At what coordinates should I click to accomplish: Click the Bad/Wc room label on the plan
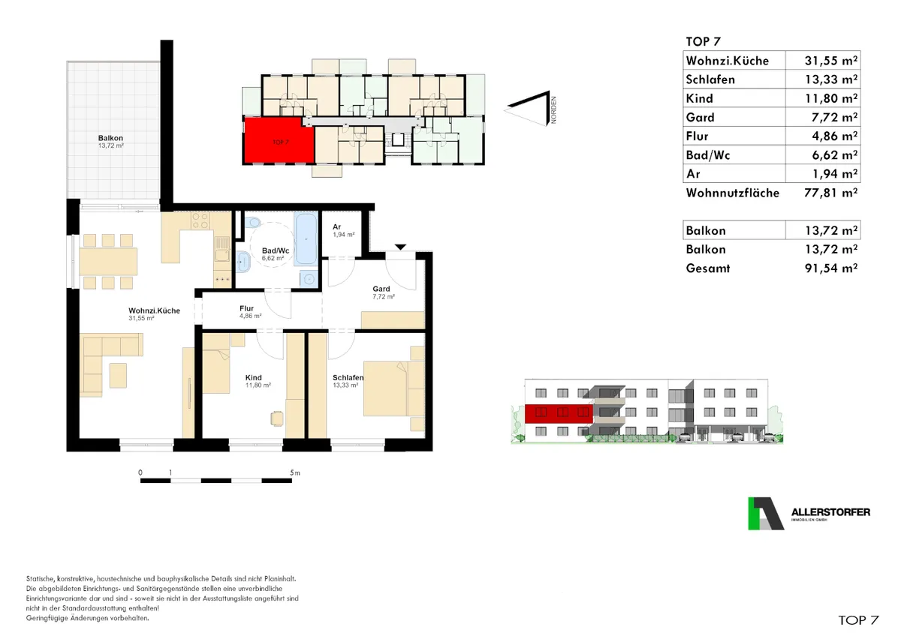[x=275, y=250]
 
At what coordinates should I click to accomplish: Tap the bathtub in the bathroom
[x=306, y=238]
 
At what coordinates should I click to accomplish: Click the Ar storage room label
[x=336, y=227]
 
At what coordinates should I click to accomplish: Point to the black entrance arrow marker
[x=400, y=247]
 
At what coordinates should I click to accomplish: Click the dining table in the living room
[x=108, y=262]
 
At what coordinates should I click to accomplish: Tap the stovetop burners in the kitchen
[x=200, y=220]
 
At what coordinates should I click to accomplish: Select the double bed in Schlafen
[x=393, y=388]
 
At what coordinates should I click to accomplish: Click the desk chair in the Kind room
[x=277, y=418]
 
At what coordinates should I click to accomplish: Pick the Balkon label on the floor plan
[x=110, y=138]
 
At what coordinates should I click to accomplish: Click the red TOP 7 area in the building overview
[x=279, y=140]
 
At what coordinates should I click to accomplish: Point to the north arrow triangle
[x=527, y=108]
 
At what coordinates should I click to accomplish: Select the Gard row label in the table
[x=701, y=117]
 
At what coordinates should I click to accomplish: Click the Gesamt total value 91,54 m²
[x=831, y=268]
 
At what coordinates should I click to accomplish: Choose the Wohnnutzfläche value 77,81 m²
[x=831, y=193]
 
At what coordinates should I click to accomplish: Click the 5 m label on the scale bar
[x=295, y=473]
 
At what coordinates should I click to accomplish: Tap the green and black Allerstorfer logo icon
[x=765, y=514]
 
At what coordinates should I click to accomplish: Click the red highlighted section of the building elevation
[x=559, y=414]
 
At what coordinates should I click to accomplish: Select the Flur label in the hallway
[x=246, y=308]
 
